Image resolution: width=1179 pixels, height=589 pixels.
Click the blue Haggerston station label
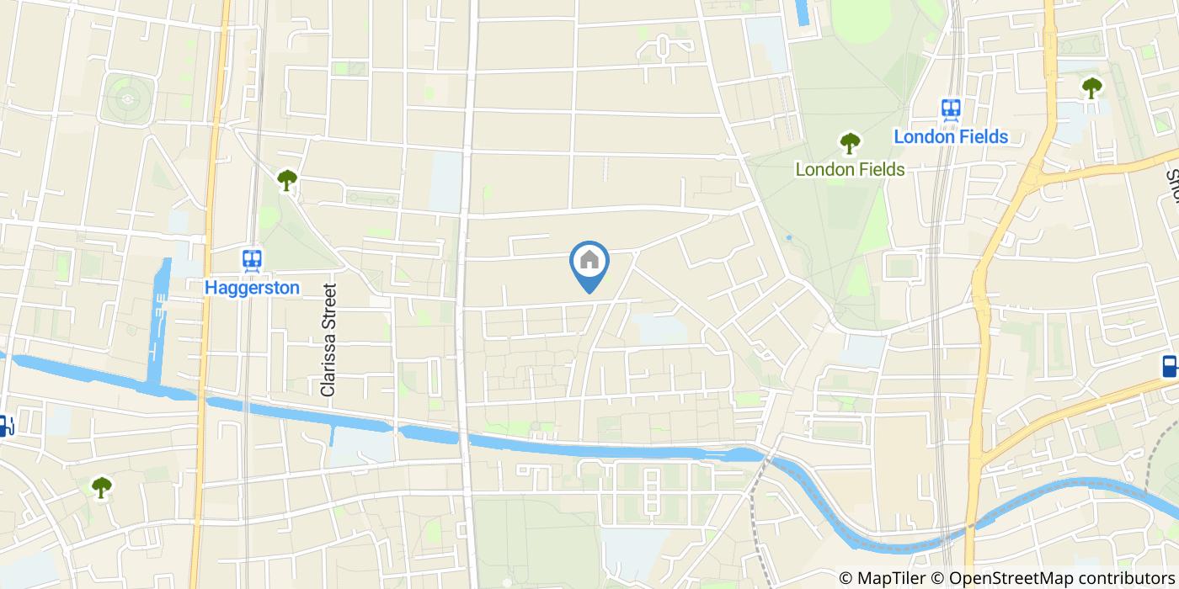[x=252, y=288]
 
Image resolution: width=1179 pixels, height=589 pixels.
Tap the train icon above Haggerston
[x=252, y=260]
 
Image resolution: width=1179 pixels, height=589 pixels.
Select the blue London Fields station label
[x=951, y=136]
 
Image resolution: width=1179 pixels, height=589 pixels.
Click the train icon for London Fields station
[x=952, y=109]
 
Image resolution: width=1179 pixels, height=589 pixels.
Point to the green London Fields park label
[x=850, y=169]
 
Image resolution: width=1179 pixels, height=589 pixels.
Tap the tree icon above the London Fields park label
[x=850, y=143]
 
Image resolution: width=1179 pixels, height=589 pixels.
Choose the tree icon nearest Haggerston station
[x=287, y=179]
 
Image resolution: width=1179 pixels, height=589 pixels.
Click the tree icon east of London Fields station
[x=1091, y=87]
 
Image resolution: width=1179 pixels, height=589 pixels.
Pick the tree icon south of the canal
[x=102, y=486]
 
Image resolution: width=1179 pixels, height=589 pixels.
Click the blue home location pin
[x=589, y=263]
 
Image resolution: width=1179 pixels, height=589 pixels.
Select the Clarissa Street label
[x=328, y=340]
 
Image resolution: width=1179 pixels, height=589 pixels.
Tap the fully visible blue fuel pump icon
[x=1170, y=366]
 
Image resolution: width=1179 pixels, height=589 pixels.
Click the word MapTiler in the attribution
[x=892, y=578]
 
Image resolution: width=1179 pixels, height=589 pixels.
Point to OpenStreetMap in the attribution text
[x=1002, y=578]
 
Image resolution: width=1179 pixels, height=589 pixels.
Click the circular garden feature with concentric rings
[x=128, y=99]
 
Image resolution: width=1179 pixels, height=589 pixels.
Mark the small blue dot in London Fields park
[x=789, y=238]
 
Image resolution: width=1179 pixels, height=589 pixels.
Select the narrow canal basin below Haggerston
[x=158, y=328]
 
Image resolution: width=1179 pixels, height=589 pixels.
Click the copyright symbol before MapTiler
[x=847, y=578]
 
